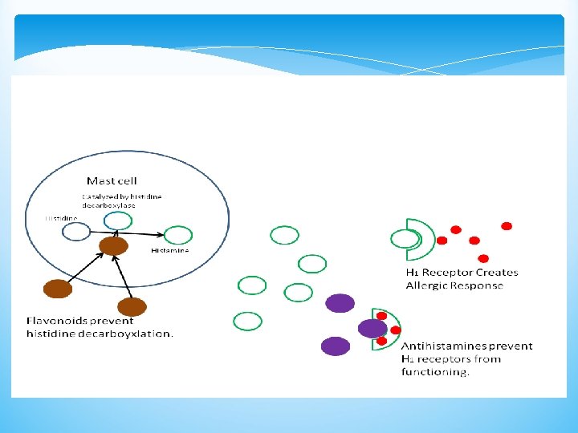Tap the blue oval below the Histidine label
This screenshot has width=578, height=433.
tap(76, 232)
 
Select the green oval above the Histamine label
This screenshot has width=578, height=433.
tap(178, 235)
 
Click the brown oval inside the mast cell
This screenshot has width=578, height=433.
tap(113, 245)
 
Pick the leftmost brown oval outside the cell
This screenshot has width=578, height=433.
tap(58, 288)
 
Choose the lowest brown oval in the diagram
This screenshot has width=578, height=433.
tap(132, 306)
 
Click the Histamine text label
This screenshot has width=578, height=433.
tap(170, 251)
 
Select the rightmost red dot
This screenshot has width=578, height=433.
tap(507, 226)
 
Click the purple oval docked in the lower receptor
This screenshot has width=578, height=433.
tap(372, 328)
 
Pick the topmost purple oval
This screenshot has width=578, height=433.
tap(340, 302)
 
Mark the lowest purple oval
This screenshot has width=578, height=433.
tap(336, 346)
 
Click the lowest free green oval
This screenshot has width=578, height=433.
tap(247, 322)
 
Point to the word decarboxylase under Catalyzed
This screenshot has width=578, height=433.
tap(108, 205)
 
